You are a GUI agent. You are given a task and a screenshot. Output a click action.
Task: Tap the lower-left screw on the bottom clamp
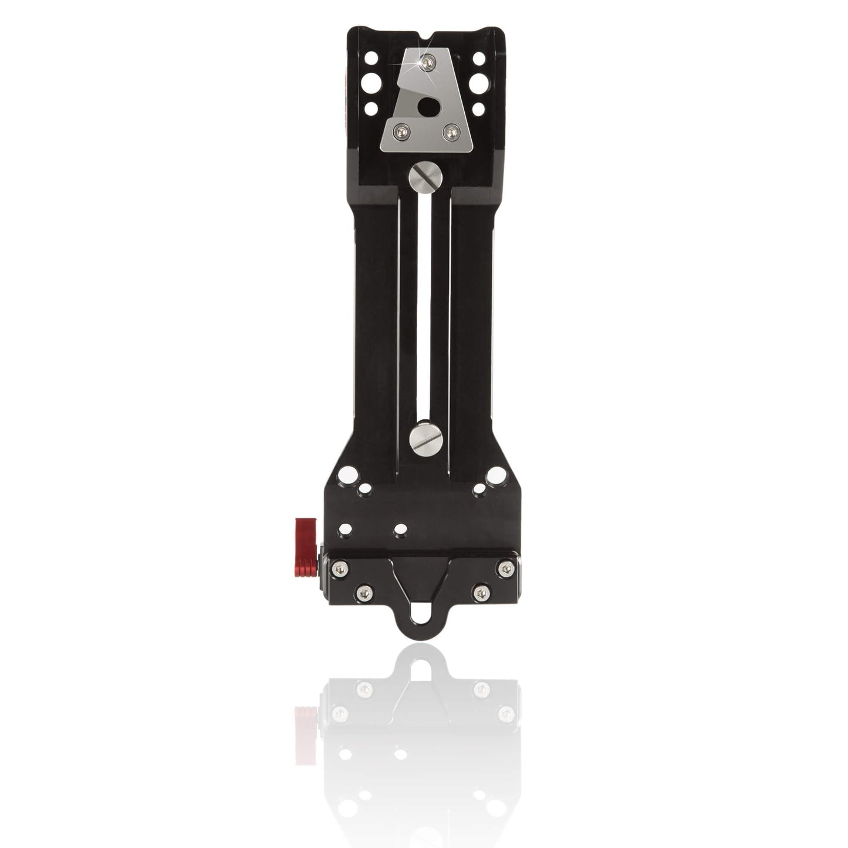364,593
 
